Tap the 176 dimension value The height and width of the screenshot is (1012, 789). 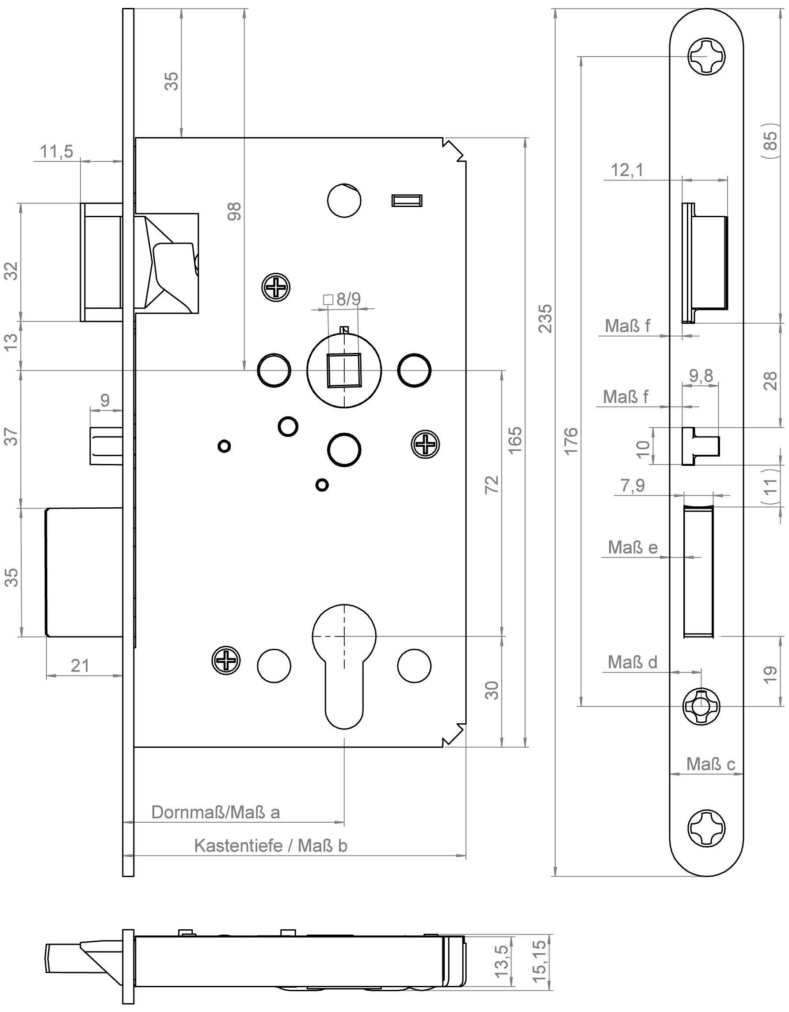[572, 441]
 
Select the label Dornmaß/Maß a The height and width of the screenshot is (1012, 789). [215, 812]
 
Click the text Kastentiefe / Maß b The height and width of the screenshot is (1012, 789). [271, 846]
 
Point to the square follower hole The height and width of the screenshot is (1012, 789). [343, 370]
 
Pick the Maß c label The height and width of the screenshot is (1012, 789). [710, 764]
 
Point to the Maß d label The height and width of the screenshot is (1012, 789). [632, 662]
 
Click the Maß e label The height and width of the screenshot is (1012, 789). [633, 547]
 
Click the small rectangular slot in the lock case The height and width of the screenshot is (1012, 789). [407, 200]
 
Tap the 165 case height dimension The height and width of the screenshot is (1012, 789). [515, 440]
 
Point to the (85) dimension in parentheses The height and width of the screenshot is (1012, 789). [770, 141]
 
